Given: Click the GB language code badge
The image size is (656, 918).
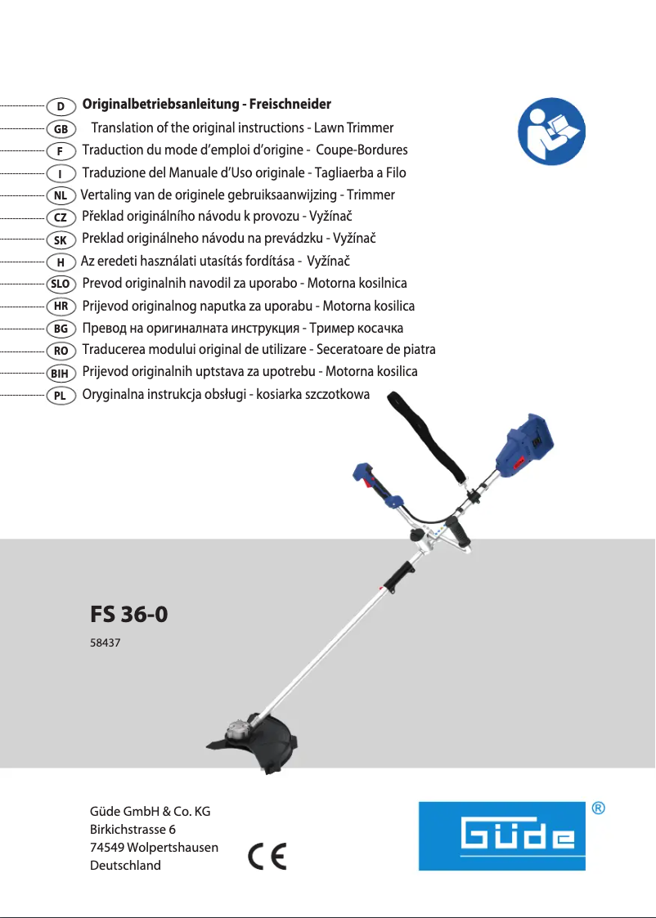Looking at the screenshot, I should pos(61,129).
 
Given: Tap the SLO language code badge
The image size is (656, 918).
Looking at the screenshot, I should pos(61,284).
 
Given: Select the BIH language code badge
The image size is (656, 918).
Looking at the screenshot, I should pos(61,373).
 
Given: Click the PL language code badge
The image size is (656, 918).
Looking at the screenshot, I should pos(61,395).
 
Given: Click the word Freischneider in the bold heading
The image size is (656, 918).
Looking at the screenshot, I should pos(290,105).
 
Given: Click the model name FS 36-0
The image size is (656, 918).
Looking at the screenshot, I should pos(129,614).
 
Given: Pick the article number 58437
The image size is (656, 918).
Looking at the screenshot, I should pos(105,644).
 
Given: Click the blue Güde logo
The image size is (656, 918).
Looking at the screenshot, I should pos(502,835).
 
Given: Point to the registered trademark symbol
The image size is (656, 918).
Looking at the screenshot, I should pos(599,808).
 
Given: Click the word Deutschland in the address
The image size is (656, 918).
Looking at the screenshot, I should pos(125,865).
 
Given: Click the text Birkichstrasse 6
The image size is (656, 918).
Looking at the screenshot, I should pos(133,829).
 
